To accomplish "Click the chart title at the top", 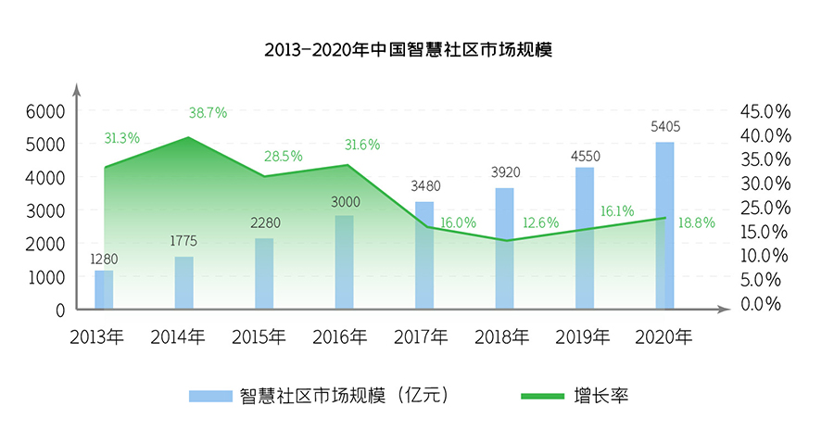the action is [409, 49].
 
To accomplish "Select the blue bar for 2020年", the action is [664, 225].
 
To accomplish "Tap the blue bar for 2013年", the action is [104, 289].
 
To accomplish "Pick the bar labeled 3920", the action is [505, 248].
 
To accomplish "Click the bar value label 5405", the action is [665, 127].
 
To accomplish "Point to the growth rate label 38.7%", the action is [208, 113].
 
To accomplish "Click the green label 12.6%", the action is [541, 222].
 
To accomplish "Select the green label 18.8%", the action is [697, 222].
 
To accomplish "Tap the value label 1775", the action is [183, 241].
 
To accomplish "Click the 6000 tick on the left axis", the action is [45, 112].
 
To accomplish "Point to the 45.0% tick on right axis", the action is [765, 112].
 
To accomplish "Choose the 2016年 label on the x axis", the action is [339, 336].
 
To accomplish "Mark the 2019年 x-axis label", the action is [583, 336].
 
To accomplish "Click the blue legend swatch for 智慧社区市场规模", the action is [210, 396].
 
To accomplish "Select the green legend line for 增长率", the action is [542, 396].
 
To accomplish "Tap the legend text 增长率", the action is [601, 396].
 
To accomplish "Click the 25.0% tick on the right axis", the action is [765, 208].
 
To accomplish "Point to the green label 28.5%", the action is [284, 157].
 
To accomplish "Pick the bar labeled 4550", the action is [585, 238].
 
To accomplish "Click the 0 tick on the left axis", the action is [60, 311].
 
